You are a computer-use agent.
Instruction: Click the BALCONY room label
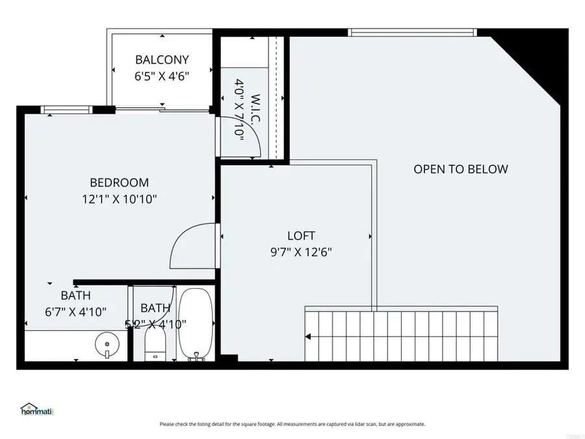162,60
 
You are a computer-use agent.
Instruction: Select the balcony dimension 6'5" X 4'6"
162,75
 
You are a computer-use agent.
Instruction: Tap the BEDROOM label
119,183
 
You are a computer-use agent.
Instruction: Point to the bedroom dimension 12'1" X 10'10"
119,199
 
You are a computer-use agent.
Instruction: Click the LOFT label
301,235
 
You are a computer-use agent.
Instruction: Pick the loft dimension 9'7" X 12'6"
301,252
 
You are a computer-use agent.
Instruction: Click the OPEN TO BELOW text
461,169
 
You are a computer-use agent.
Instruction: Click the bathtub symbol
195,323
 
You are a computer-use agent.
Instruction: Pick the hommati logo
36,410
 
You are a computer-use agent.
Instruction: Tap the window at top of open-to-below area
412,32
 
